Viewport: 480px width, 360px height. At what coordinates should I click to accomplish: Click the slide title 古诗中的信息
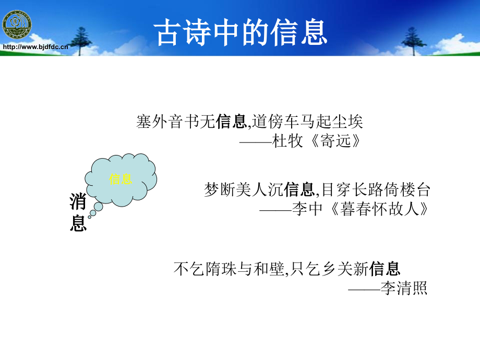[x=241, y=32]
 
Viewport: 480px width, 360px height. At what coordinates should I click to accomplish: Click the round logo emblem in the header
[x=17, y=25]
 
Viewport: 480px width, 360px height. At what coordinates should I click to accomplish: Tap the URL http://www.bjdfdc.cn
[x=35, y=47]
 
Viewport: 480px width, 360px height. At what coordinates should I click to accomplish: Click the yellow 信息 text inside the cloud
[x=121, y=179]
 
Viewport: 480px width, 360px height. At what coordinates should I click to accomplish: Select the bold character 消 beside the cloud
[x=78, y=202]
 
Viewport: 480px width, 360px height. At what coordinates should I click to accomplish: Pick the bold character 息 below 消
[x=78, y=223]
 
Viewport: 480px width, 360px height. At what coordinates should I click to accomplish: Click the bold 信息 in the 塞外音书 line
[x=232, y=121]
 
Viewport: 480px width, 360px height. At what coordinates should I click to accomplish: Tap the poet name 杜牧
[x=287, y=141]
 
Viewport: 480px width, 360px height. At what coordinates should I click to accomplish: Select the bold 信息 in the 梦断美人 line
[x=299, y=189]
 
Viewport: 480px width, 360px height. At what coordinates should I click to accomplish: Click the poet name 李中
[x=307, y=209]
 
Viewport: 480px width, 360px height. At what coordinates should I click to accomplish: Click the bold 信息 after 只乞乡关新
[x=385, y=269]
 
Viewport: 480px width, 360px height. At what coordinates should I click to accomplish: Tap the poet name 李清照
[x=404, y=288]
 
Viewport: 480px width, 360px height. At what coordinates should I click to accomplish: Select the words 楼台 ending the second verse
[x=415, y=189]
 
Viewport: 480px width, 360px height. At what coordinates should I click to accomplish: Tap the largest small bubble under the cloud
[x=98, y=207]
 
